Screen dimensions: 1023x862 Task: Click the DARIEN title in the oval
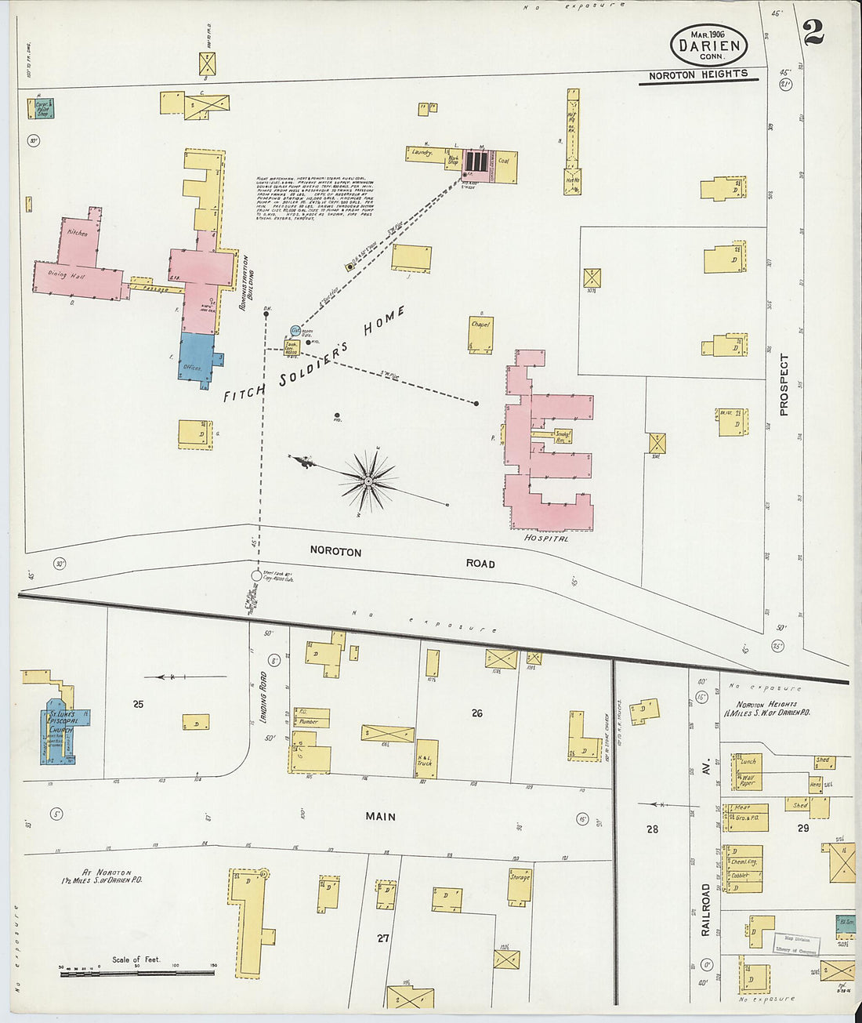click(x=708, y=45)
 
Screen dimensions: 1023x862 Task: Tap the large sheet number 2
click(x=813, y=32)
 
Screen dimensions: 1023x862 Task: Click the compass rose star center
click(x=367, y=479)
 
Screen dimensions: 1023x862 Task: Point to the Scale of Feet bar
click(x=137, y=973)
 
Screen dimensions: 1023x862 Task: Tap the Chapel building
click(x=480, y=334)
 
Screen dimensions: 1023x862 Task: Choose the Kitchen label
click(x=78, y=233)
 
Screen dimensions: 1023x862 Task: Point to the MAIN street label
click(x=380, y=817)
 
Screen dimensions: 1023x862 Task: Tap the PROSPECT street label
click(x=784, y=384)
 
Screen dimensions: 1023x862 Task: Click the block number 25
click(x=138, y=704)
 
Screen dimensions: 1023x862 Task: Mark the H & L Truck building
click(x=426, y=758)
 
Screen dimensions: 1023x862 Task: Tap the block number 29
click(x=802, y=828)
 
